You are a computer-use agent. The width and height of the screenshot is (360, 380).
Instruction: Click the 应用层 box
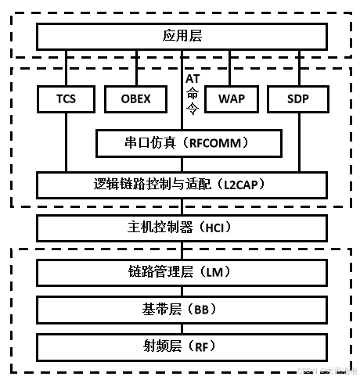coord(182,36)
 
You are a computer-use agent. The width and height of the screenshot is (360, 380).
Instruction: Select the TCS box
coord(66,99)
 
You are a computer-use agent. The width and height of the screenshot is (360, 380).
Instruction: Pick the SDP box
coord(298,99)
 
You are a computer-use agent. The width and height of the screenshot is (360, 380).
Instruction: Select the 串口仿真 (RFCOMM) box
coord(188,143)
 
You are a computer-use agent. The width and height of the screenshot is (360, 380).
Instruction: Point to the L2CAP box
coord(182,185)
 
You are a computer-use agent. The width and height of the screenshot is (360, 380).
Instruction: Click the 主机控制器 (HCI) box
coord(182,228)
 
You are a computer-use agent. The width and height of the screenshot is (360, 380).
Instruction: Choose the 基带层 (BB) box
coord(182,308)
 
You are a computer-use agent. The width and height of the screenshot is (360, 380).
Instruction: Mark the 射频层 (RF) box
coord(182,346)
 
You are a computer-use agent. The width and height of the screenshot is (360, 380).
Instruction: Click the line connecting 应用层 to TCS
coord(66,68)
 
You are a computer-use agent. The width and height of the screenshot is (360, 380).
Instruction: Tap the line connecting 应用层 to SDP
coord(298,68)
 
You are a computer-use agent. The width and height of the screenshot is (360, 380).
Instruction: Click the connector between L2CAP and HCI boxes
coord(182,206)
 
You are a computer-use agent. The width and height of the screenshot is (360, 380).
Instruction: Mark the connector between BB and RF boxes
coord(182,327)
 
